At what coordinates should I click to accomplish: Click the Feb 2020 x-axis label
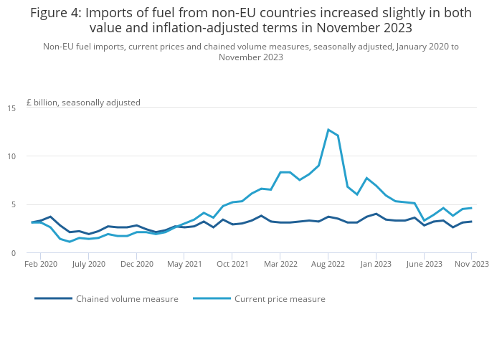42,264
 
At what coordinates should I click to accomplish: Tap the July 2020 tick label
89,264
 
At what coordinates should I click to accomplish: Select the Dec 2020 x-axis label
137,264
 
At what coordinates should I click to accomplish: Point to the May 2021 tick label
184,264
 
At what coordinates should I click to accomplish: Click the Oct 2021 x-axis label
232,264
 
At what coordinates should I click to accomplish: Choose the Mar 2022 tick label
280,264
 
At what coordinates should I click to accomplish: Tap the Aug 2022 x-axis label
328,264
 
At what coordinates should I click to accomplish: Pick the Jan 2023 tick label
376,264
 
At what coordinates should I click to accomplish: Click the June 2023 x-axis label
424,264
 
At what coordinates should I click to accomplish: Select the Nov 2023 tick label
471,264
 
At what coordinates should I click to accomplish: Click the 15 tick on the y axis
11,108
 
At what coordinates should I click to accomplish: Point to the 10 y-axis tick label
11,156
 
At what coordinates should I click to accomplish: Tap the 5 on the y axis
14,204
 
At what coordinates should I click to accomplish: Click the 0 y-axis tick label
14,253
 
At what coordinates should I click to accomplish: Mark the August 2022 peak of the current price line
328,130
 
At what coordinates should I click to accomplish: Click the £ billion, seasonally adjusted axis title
83,103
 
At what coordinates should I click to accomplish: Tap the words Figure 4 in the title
55,13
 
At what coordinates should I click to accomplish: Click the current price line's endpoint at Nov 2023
471,208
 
